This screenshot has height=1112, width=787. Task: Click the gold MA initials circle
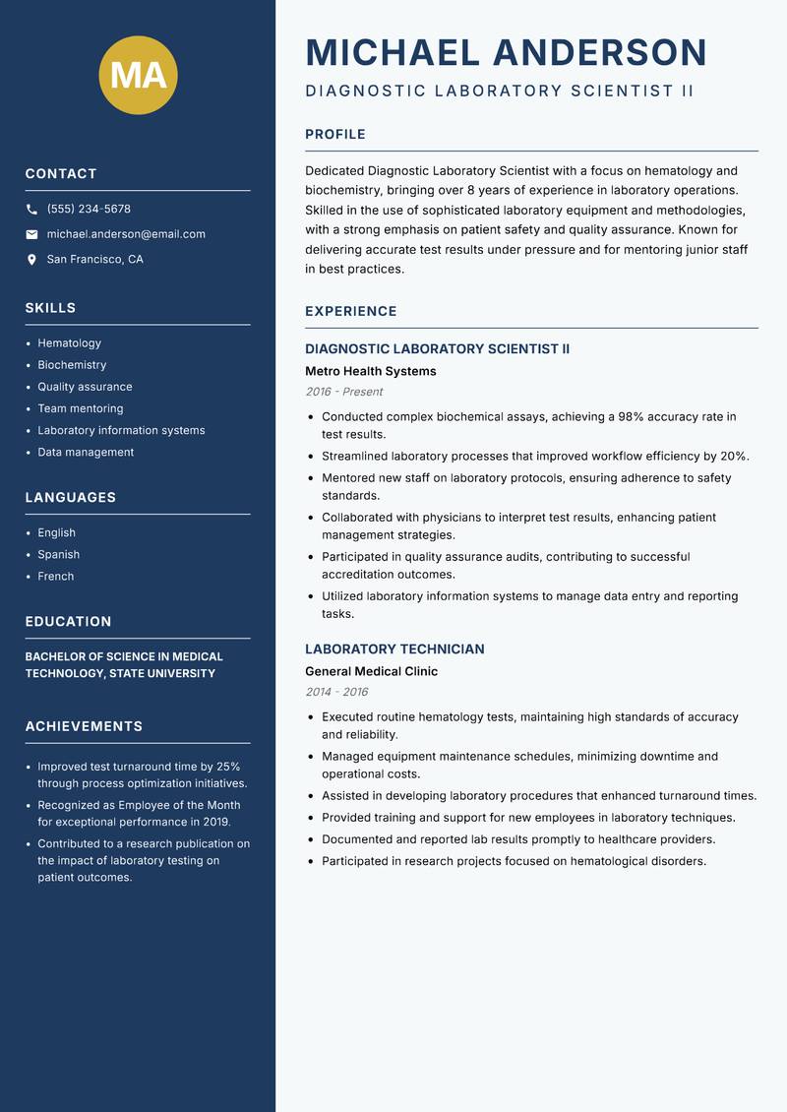139,75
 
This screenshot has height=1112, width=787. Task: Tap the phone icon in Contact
31,210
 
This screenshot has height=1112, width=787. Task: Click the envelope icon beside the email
31,234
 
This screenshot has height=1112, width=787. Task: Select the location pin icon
31,260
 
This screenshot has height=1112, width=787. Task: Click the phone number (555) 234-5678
89,210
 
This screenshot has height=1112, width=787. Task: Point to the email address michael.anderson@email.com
126,234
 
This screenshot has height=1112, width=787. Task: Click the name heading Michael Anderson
506,52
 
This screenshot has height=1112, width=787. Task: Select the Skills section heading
50,308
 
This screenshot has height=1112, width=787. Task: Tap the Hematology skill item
69,343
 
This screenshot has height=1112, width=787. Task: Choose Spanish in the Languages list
58,555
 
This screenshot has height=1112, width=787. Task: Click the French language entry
55,577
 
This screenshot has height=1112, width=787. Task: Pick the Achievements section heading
84,726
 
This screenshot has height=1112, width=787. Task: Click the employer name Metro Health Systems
370,372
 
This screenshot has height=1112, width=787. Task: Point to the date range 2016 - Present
343,392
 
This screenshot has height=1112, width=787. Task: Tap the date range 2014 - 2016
336,692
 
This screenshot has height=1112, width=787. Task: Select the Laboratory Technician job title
394,649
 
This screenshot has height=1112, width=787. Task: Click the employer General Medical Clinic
371,672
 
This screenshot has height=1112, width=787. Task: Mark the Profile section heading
334,135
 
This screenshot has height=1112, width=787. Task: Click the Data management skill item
86,453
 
